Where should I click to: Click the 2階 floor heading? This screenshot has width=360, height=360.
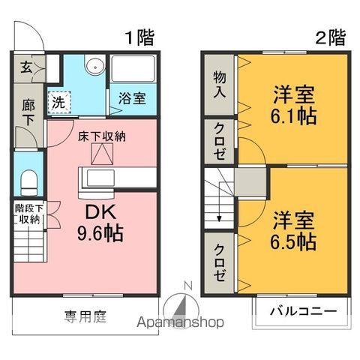[x=330, y=36]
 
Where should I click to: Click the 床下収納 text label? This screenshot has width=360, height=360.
[x=101, y=136]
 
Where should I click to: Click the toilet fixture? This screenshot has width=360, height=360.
[x=28, y=181]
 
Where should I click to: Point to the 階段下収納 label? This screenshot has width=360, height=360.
[x=28, y=213]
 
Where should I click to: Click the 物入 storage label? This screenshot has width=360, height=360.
[x=219, y=83]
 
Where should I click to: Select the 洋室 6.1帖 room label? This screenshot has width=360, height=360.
[x=292, y=106]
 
